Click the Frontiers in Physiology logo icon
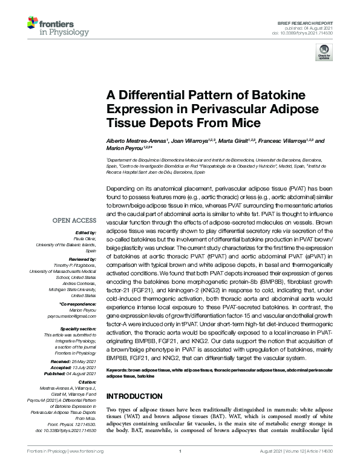pos(34,24)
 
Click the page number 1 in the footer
pos(180,468)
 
